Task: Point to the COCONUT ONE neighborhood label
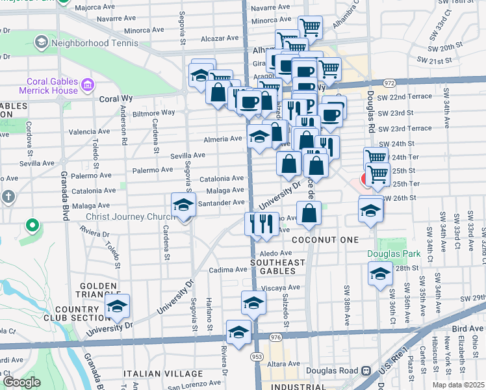325,240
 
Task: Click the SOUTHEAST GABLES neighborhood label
277,266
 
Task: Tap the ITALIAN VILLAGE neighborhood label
163,374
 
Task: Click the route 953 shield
257,356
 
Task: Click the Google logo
21,382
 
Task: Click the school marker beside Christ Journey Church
183,206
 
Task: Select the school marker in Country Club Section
117,306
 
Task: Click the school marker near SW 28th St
380,274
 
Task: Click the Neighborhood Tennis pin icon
41,43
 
